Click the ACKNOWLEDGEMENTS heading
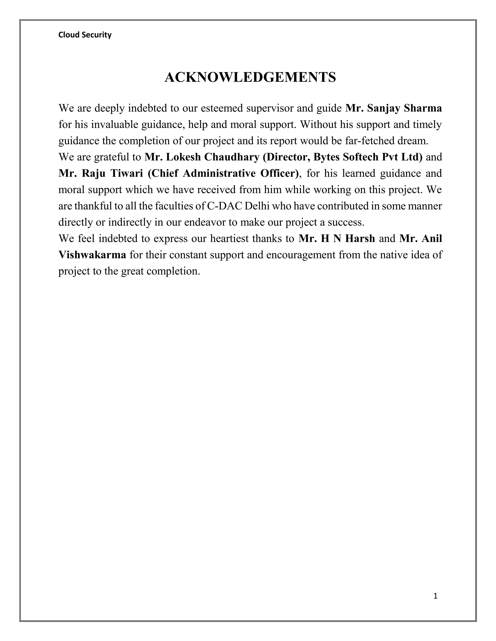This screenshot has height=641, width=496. (250, 77)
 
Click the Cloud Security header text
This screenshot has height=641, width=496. (85, 35)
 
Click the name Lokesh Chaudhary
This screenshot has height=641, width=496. (213, 157)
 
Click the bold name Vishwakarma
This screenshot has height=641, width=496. (92, 255)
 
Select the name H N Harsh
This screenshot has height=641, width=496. (348, 239)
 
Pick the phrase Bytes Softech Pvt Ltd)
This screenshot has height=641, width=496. (368, 157)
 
